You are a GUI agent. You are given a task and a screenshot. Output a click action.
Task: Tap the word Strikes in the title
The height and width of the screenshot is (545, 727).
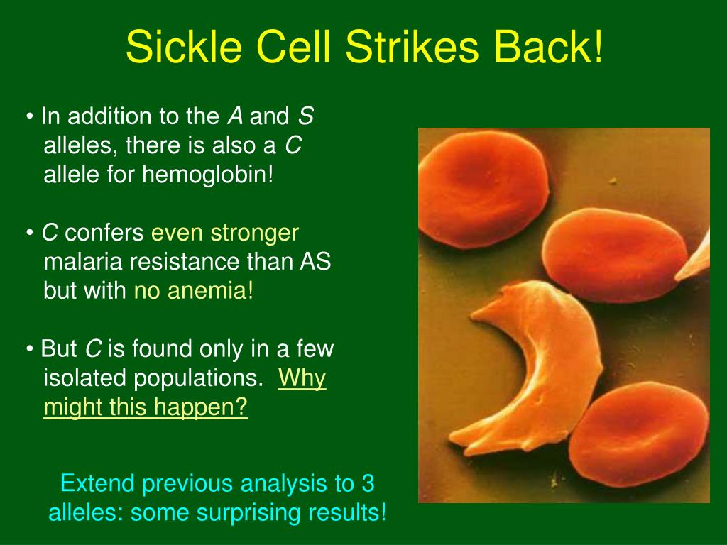[412, 46]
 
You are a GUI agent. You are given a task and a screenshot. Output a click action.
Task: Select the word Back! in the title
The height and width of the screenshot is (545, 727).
[548, 46]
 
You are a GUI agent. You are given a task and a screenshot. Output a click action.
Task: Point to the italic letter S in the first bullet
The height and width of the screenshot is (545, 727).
[306, 116]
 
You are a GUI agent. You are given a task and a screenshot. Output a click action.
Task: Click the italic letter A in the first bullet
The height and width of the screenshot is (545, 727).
[235, 116]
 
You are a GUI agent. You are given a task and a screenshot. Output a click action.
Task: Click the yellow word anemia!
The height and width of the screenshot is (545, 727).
[210, 290]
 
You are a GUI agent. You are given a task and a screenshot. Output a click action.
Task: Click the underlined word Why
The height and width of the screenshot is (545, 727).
[302, 378]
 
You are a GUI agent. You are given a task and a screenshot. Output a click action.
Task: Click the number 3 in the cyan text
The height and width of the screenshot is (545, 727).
[368, 483]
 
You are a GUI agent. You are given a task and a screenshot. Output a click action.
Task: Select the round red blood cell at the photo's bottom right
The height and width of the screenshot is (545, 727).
[639, 435]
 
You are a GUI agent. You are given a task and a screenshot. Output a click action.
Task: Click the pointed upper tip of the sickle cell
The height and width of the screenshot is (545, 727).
[472, 316]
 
